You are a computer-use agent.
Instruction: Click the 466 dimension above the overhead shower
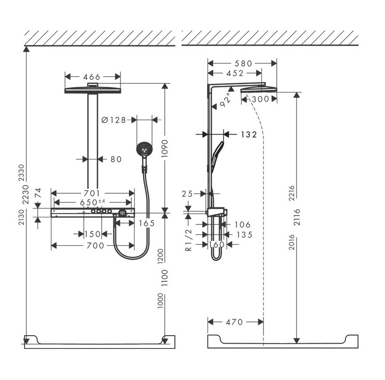pos(92,76)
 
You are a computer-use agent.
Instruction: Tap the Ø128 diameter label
pos(113,120)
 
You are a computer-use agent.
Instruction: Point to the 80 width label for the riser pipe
pos(116,159)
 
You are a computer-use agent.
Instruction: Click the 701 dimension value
pos(92,193)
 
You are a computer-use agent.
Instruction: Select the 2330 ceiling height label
pos(19,173)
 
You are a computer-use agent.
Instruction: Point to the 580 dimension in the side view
pos(242,63)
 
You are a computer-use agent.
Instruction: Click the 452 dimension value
pos(234,73)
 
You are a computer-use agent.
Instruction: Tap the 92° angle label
pos(226,100)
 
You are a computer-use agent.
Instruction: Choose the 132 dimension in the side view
pos(248,134)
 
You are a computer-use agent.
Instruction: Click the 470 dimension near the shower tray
pos(234,322)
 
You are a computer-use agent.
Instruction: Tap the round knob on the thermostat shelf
pos(123,214)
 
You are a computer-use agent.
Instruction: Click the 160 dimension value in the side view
pos(217,245)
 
